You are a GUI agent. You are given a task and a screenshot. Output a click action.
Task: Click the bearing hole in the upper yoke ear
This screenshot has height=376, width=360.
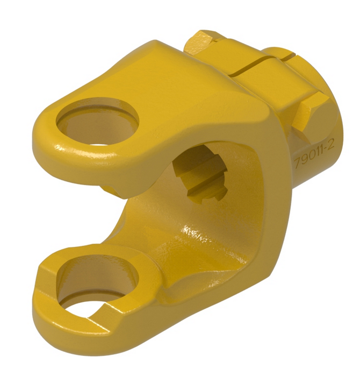click(97, 122)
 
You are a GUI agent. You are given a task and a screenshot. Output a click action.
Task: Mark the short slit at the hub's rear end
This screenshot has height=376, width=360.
click(287, 53)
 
